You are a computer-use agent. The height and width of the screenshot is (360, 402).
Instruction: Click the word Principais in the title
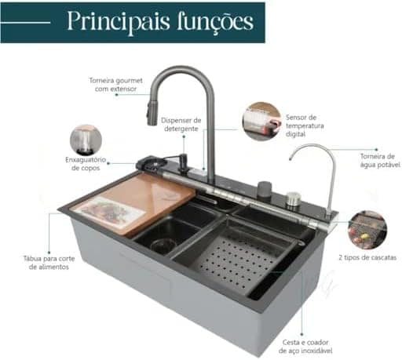pos(119,22)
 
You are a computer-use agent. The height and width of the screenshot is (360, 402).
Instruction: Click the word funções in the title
pos(215,22)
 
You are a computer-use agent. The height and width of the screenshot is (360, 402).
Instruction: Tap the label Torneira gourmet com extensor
pos(115,85)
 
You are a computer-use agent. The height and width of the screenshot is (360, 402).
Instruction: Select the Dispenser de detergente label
pos(181,125)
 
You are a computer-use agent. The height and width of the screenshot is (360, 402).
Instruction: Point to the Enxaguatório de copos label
pos(86,164)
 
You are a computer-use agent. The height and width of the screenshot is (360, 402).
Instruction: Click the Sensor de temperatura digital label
pos(305,125)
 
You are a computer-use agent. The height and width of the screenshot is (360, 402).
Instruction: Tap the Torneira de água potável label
pos(380,161)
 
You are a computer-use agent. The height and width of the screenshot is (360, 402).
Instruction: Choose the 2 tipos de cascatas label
pos(367,257)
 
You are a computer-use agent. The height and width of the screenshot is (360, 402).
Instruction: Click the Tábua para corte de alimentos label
pos(49,263)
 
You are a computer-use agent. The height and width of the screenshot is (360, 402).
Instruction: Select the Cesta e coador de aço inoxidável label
pos(305,347)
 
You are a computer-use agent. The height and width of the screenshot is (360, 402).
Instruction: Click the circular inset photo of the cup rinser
pos(86,140)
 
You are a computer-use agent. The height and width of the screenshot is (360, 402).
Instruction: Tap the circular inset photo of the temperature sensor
pos(261,122)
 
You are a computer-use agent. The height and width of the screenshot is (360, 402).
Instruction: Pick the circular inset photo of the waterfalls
pos(367,230)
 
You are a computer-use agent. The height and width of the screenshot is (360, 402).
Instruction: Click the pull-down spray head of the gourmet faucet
pos(152,111)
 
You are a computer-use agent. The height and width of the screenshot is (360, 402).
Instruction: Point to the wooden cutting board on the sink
pos(133,204)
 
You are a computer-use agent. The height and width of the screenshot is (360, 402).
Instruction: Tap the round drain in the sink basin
pos(163,245)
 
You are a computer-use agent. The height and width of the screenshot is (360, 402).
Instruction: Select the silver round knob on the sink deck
pos(293,200)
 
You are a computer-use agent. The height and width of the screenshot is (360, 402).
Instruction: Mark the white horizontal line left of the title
pos(25,23)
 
